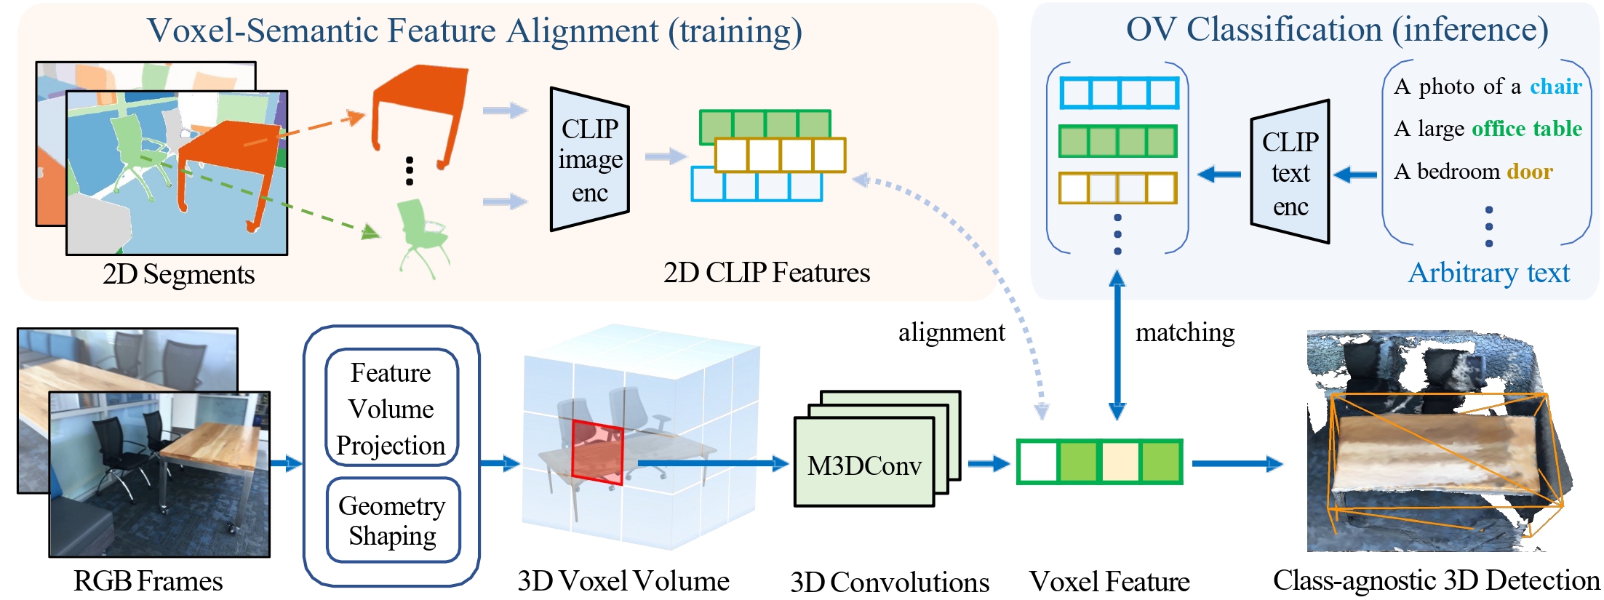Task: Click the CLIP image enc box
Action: click(x=589, y=160)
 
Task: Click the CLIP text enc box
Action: click(x=1290, y=173)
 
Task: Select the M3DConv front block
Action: click(x=863, y=465)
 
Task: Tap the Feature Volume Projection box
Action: click(x=391, y=408)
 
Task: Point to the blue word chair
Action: click(x=1555, y=87)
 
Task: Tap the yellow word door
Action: click(x=1530, y=172)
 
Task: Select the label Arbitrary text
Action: click(x=1488, y=273)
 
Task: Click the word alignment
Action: click(x=951, y=332)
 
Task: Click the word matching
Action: click(x=1184, y=332)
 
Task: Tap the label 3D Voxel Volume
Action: click(x=623, y=580)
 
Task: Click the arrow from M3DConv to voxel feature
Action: click(x=988, y=463)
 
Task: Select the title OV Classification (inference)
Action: click(x=1336, y=30)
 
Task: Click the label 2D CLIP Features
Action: click(x=766, y=273)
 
